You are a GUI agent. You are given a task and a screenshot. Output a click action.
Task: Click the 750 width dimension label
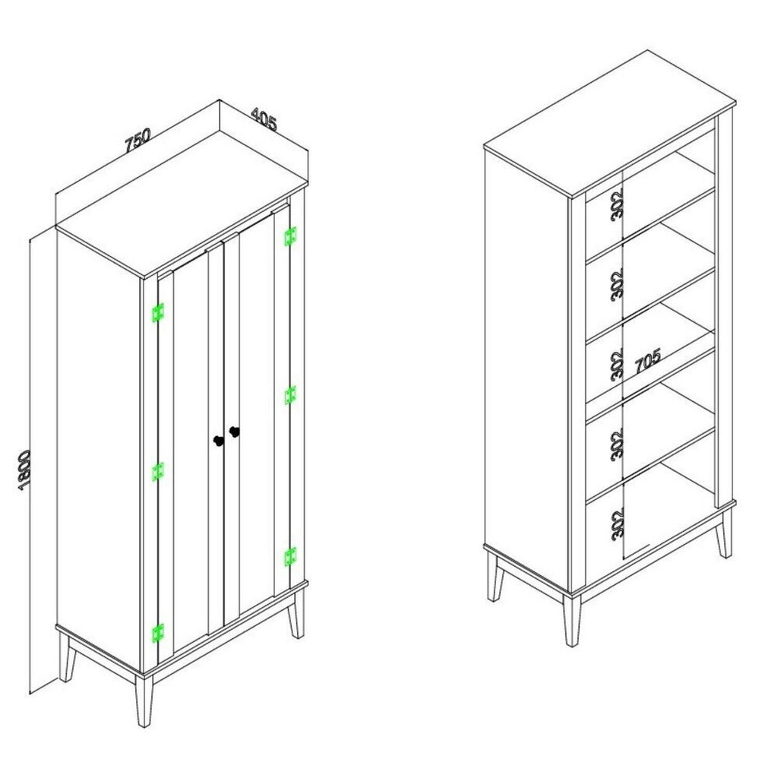[x=138, y=140]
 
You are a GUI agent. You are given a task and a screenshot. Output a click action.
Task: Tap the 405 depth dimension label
[x=264, y=119]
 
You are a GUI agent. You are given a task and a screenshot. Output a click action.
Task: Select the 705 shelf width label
[x=648, y=360]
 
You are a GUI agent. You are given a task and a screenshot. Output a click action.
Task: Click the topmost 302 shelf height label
[x=617, y=205]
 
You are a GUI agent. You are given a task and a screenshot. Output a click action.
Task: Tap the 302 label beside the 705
[x=617, y=365]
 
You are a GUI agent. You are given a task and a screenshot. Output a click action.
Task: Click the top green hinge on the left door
[x=158, y=312]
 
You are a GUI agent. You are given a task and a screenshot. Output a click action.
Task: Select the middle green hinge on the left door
[x=158, y=471]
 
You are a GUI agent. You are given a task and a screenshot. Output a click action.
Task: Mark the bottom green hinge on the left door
[x=158, y=633]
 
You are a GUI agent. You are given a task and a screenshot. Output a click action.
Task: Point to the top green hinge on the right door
[x=290, y=236]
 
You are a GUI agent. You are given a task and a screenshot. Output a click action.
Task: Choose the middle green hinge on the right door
[x=290, y=395]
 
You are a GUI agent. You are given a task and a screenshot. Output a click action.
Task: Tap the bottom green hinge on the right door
[x=290, y=557]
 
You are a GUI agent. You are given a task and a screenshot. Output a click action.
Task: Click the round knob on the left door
[x=218, y=441]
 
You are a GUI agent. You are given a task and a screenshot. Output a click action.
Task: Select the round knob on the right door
[x=234, y=432]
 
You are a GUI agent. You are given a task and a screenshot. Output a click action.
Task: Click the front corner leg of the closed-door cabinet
[x=144, y=701]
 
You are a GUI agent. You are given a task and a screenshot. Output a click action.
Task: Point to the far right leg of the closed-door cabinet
[x=297, y=613]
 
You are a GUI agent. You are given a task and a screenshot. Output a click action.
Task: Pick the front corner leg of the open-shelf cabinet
[x=571, y=620]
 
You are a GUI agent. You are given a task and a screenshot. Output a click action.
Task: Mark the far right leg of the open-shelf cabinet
[x=724, y=533]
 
